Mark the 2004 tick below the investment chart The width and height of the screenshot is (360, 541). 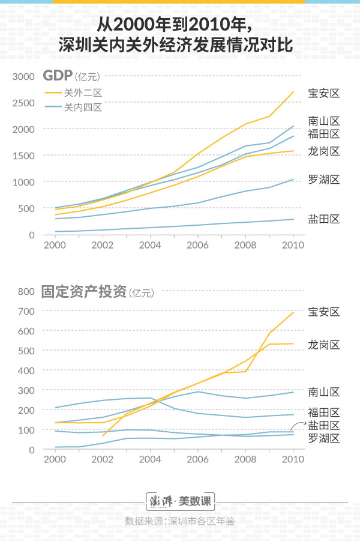(x=150, y=460)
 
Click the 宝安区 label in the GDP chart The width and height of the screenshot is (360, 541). (x=324, y=93)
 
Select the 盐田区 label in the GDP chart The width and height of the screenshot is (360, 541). (x=324, y=219)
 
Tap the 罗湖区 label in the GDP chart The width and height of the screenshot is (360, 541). (x=324, y=180)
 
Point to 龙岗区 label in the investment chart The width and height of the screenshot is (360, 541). (x=324, y=345)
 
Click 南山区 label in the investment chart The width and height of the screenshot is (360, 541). (x=324, y=392)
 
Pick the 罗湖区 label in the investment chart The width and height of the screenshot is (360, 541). (x=324, y=438)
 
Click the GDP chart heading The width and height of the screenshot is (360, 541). (x=71, y=76)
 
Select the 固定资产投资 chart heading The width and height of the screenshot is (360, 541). (x=96, y=292)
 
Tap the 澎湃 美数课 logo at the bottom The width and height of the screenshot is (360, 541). (x=180, y=500)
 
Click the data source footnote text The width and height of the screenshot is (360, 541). (x=180, y=521)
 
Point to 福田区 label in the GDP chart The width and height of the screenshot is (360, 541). (x=324, y=133)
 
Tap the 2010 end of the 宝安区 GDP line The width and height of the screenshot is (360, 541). (x=293, y=92)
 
